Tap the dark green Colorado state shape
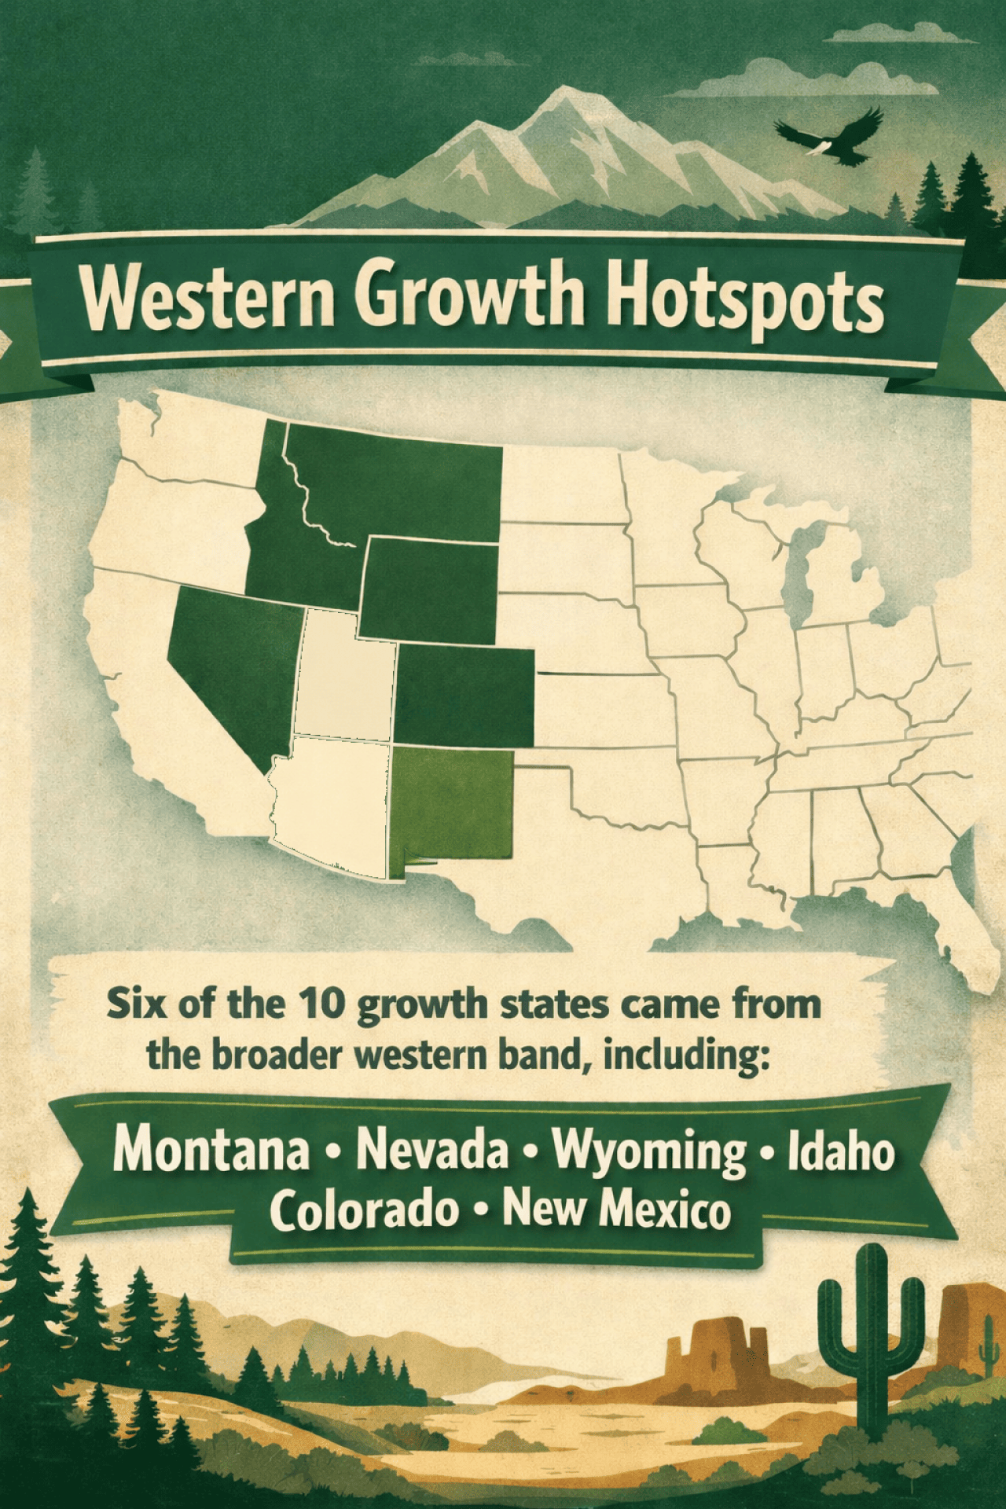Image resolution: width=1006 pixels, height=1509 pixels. [x=464, y=696]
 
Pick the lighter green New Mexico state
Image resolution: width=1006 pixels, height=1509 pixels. [x=452, y=806]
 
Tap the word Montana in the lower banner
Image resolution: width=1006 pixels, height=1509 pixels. [x=211, y=1151]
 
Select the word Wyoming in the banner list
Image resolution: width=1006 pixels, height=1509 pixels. [x=649, y=1152]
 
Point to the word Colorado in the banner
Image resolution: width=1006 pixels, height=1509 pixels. [x=365, y=1210]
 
